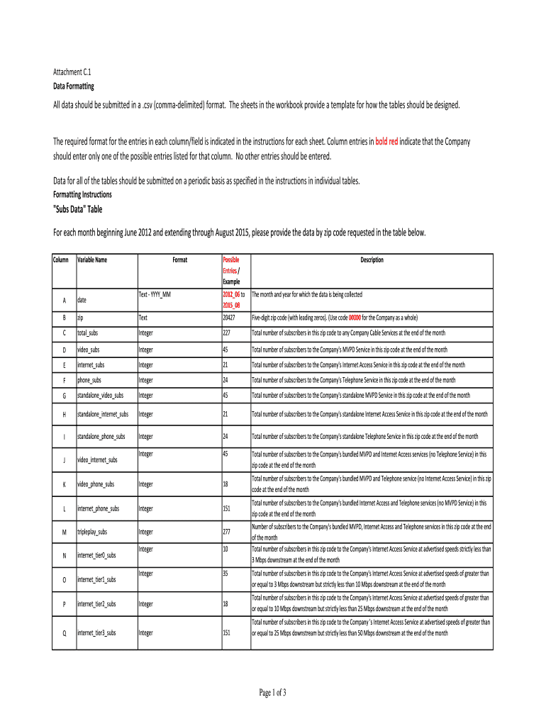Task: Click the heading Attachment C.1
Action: coord(73,72)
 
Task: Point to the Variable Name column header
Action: coord(92,260)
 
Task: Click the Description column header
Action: coord(372,260)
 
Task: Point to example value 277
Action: coord(228,532)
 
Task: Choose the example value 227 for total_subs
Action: coord(228,333)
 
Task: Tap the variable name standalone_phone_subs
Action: coord(103,437)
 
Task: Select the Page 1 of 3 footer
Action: coord(272,692)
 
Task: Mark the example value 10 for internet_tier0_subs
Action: coord(225,549)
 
